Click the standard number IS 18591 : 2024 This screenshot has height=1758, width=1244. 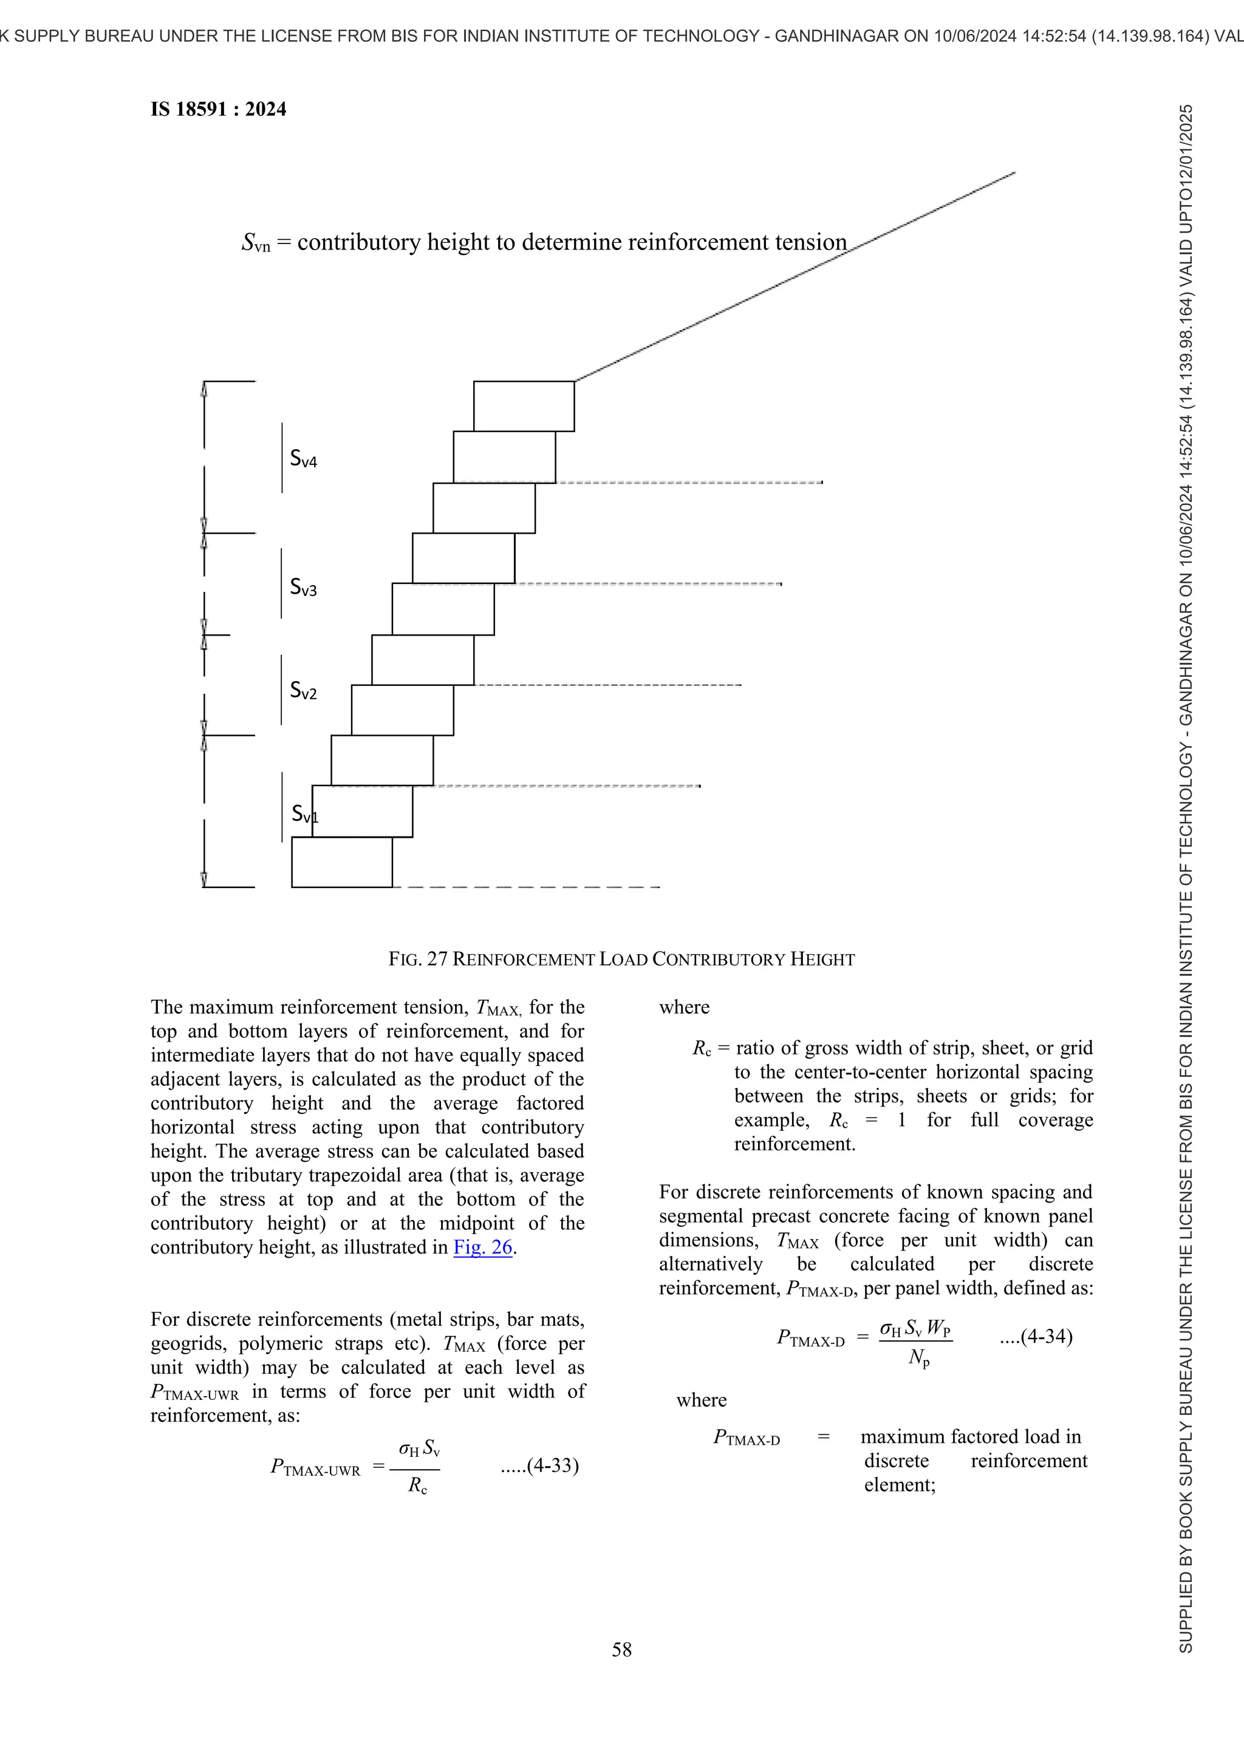pyautogui.click(x=218, y=109)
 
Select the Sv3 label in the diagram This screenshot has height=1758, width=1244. pyautogui.click(x=303, y=587)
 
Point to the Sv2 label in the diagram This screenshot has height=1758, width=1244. pyautogui.click(x=303, y=691)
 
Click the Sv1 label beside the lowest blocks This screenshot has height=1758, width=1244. pyautogui.click(x=304, y=814)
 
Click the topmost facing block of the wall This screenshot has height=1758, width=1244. pyautogui.click(x=524, y=406)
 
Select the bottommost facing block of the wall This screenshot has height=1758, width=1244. pyautogui.click(x=341, y=862)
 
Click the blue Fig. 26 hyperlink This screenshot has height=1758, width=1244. pyautogui.click(x=482, y=1247)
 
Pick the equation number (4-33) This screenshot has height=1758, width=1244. pyautogui.click(x=540, y=1465)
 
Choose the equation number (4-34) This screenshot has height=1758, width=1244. pyautogui.click(x=1036, y=1337)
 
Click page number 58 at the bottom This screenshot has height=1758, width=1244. pyautogui.click(x=622, y=1649)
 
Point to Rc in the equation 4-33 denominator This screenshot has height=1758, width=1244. pyautogui.click(x=417, y=1486)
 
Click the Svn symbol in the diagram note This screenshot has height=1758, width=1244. pyautogui.click(x=256, y=243)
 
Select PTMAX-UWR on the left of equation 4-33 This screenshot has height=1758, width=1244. pyautogui.click(x=315, y=1467)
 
